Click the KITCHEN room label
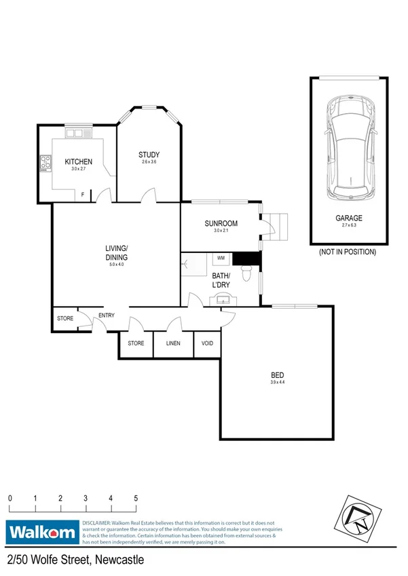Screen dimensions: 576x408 (78, 161)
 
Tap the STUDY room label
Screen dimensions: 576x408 (149, 155)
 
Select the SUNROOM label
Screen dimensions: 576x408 (221, 223)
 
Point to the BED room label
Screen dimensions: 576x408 (277, 375)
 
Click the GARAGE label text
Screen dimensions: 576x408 (348, 218)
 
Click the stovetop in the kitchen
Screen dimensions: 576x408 (46, 163)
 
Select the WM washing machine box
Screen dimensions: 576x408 (221, 258)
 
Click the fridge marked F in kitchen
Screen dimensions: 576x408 (83, 195)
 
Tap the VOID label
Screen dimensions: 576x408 (207, 343)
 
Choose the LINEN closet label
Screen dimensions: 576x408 (173, 343)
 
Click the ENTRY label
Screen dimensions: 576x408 (107, 315)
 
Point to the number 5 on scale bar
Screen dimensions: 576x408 (136, 499)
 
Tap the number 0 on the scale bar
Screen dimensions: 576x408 (10, 499)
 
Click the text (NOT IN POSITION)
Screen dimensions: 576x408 (348, 252)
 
